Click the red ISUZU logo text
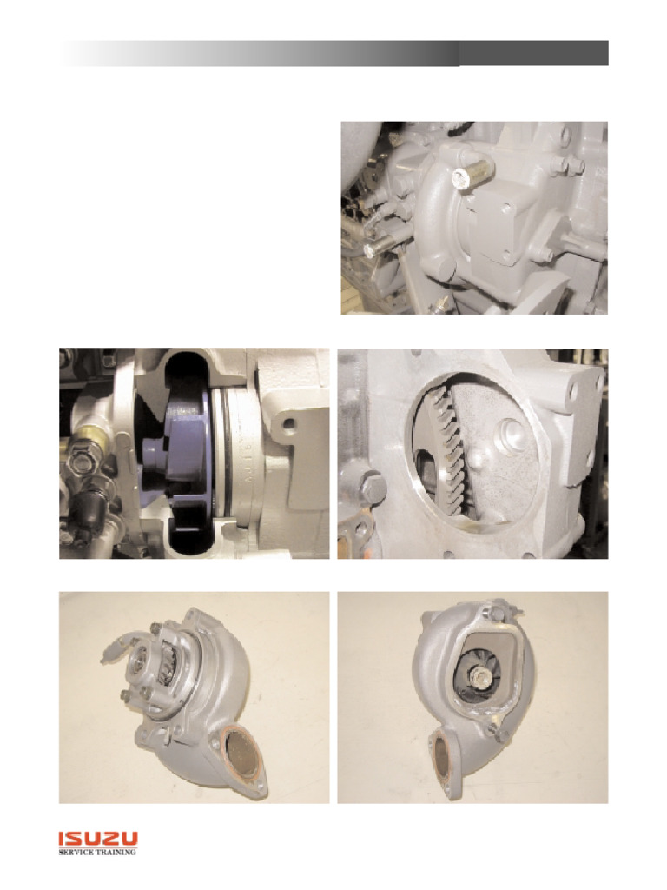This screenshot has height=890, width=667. [97, 839]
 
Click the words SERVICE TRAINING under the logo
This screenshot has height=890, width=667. [97, 853]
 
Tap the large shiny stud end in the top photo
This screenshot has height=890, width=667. [460, 178]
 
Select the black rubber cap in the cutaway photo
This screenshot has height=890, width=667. [91, 503]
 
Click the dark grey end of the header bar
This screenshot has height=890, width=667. [533, 52]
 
